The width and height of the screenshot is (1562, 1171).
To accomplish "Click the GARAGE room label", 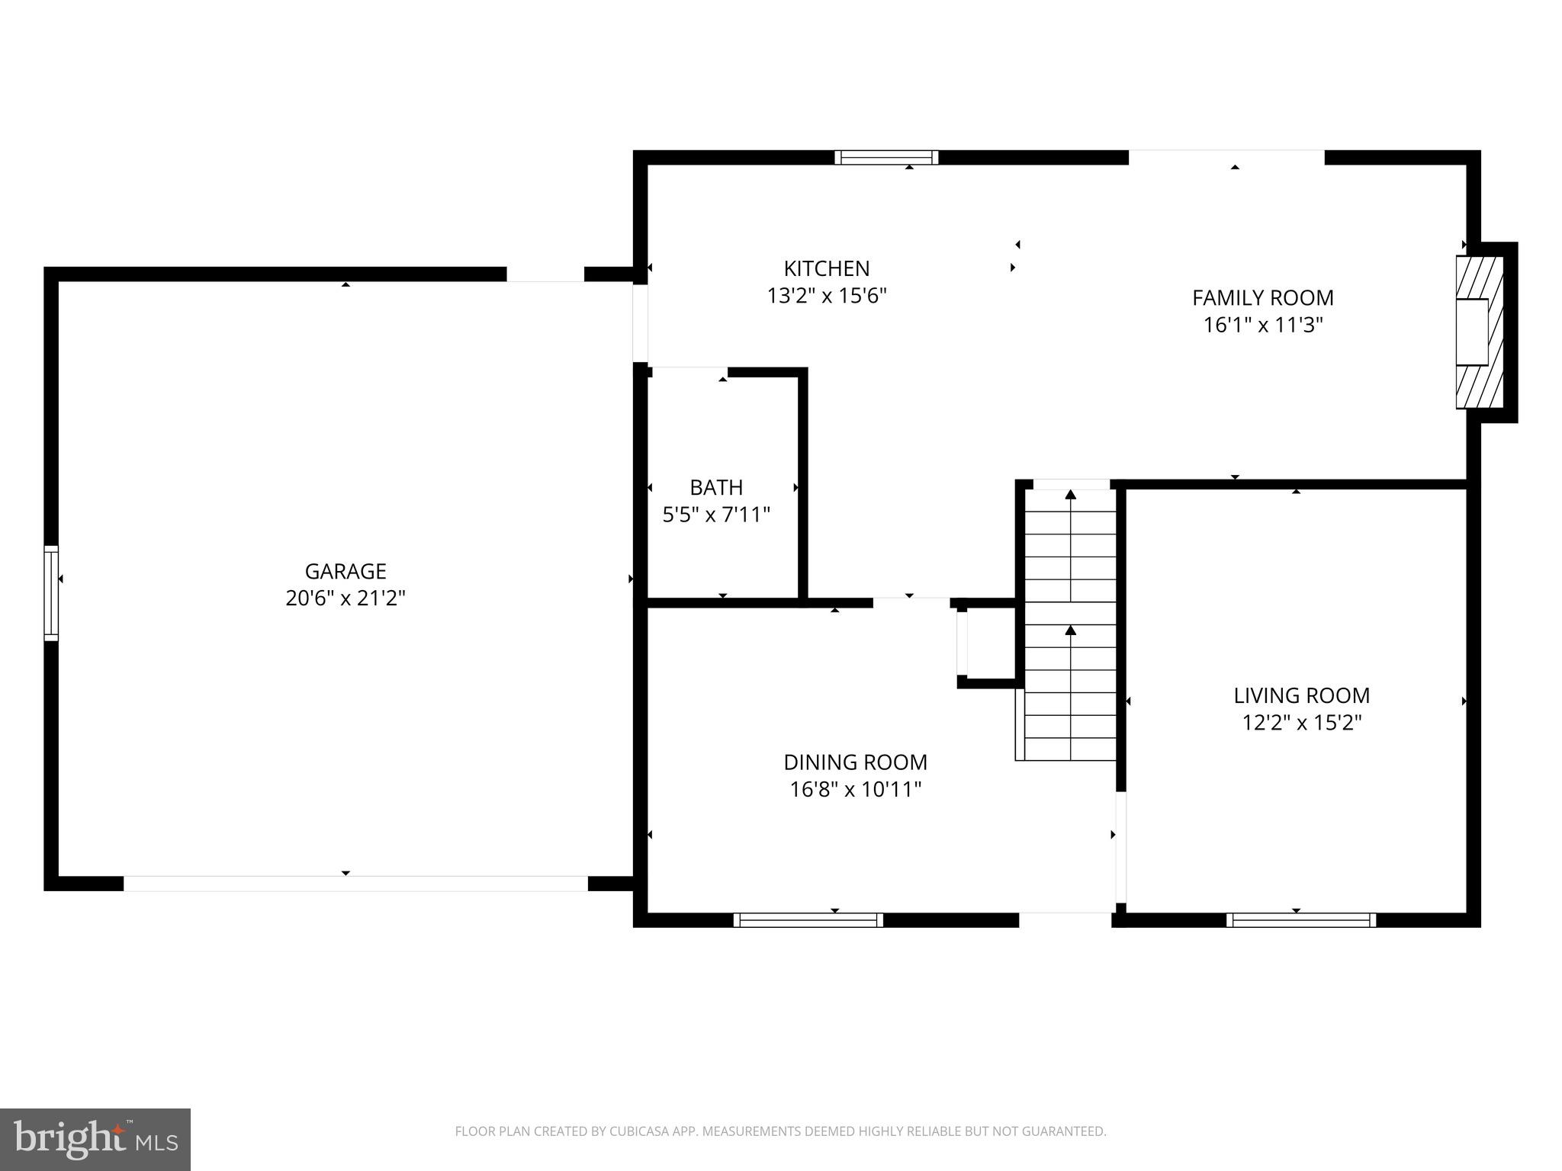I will (x=345, y=571).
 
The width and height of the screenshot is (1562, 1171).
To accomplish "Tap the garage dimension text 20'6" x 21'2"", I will (x=345, y=598).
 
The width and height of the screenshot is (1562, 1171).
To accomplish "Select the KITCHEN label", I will (x=826, y=268).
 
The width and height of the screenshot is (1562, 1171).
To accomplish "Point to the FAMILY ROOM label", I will (x=1262, y=297).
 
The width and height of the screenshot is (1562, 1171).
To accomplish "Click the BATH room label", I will (x=715, y=487).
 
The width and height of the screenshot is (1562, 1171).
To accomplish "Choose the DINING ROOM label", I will (x=855, y=762).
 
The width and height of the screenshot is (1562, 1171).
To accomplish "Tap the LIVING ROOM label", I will (x=1301, y=695).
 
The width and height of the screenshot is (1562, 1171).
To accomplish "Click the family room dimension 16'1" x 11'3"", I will (x=1262, y=326).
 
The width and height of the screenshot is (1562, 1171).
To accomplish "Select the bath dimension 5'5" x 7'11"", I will (x=715, y=515).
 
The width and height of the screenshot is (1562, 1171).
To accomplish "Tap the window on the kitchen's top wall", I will (x=885, y=158).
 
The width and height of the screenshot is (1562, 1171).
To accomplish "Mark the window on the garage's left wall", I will (x=51, y=592).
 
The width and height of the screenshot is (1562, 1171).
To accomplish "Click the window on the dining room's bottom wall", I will (x=808, y=920).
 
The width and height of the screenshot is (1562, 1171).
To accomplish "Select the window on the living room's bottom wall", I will (x=1300, y=920).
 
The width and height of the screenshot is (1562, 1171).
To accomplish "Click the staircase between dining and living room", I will (x=1070, y=625).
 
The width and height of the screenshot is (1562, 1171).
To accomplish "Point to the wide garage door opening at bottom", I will (x=355, y=884).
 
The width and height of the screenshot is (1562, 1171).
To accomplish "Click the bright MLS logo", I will (x=95, y=1140).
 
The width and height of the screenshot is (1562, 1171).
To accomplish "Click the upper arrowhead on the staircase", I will (x=1070, y=495).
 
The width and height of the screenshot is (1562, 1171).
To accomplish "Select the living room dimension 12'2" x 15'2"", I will (x=1301, y=723).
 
